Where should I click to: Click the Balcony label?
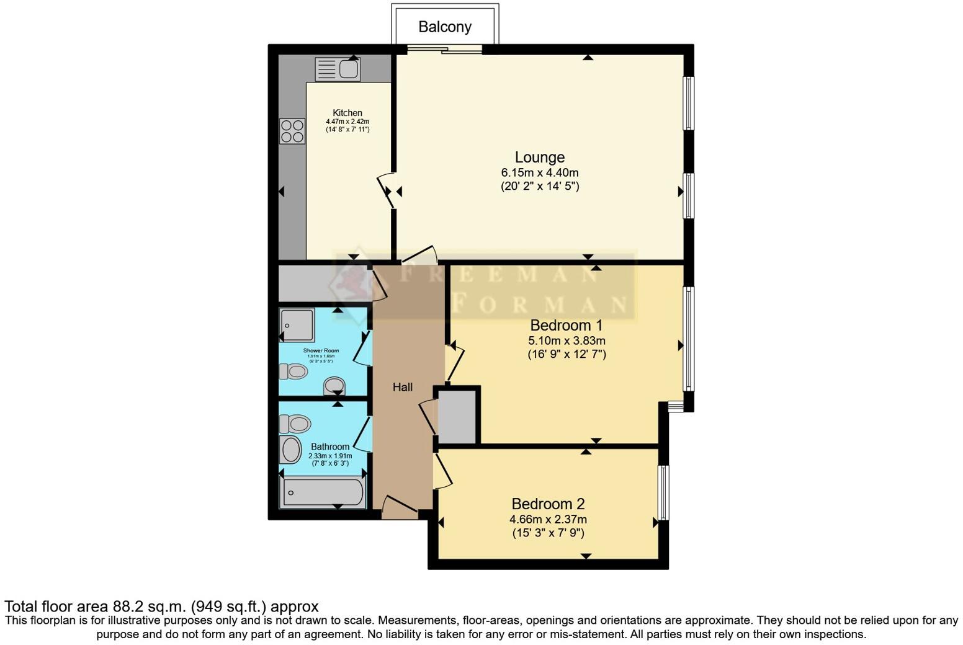(x=444, y=27)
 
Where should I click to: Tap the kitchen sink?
(x=338, y=69)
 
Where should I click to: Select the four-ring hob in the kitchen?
(x=292, y=131)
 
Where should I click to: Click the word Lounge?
(x=539, y=158)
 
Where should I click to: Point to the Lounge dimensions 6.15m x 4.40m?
(x=539, y=173)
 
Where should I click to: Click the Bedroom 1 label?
(x=566, y=326)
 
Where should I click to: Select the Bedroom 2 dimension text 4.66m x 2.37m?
(x=548, y=520)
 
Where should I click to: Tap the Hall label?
(x=402, y=387)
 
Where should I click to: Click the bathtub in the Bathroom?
(x=323, y=492)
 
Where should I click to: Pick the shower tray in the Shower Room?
(x=297, y=324)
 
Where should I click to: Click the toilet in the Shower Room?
(x=293, y=371)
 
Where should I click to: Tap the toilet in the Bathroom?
(x=295, y=424)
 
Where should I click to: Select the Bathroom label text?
(x=329, y=447)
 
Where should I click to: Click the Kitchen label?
(x=347, y=113)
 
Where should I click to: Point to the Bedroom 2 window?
(x=663, y=492)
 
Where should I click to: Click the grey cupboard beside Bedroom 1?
(x=457, y=416)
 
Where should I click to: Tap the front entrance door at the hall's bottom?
(x=399, y=507)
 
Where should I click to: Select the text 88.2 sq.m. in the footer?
(x=149, y=607)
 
